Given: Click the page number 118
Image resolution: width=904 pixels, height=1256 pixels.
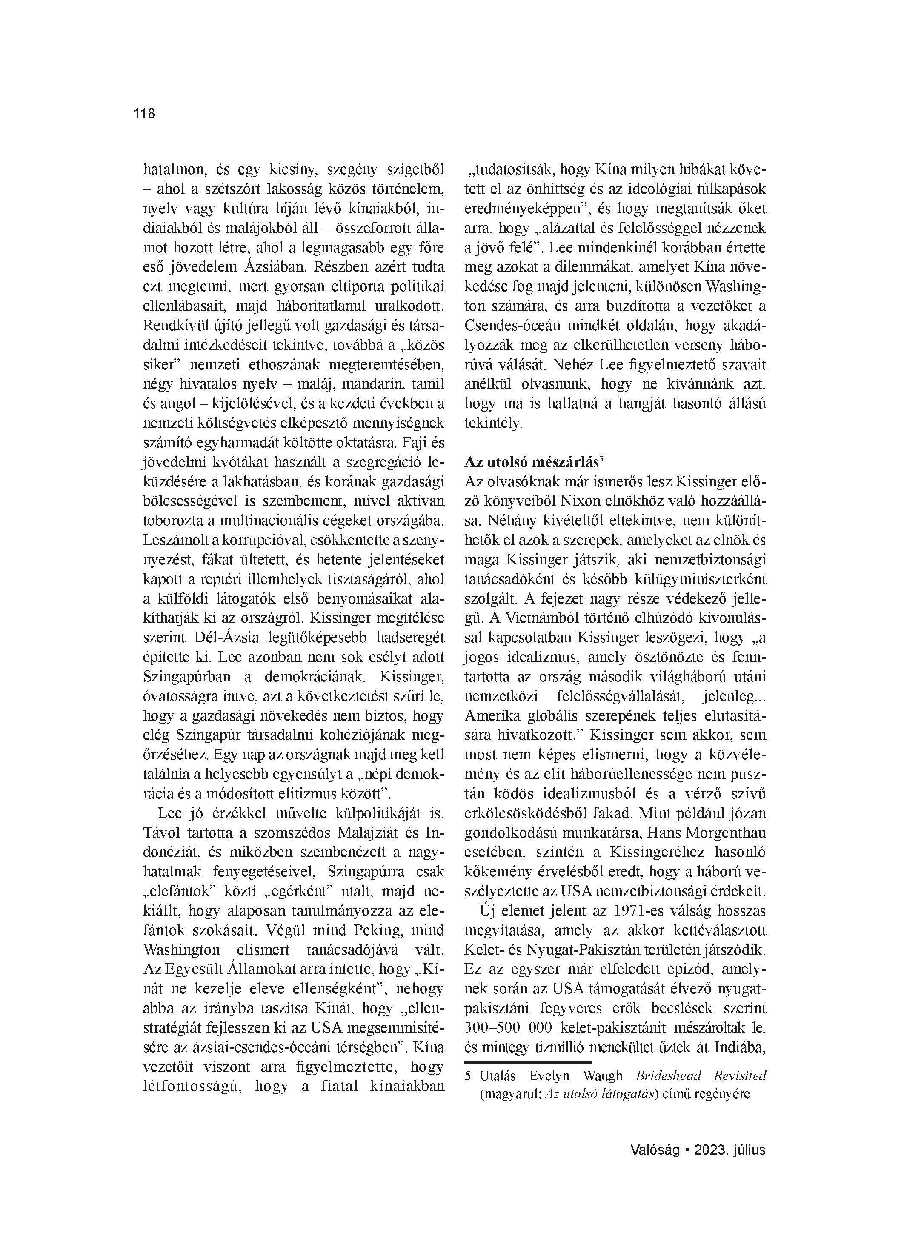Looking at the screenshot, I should point(144,114).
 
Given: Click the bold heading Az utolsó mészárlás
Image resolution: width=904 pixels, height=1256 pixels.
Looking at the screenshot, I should point(531,462).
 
